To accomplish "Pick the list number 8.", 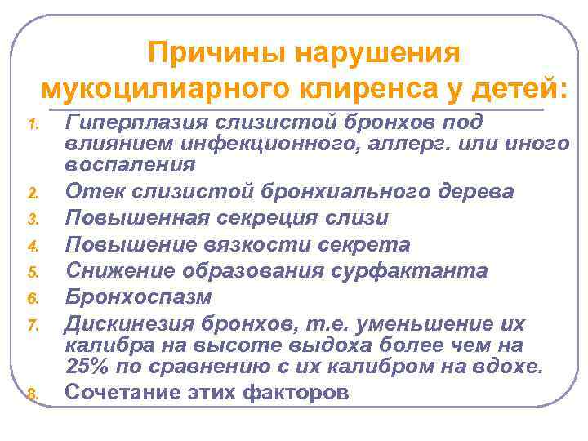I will tap(34, 394).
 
